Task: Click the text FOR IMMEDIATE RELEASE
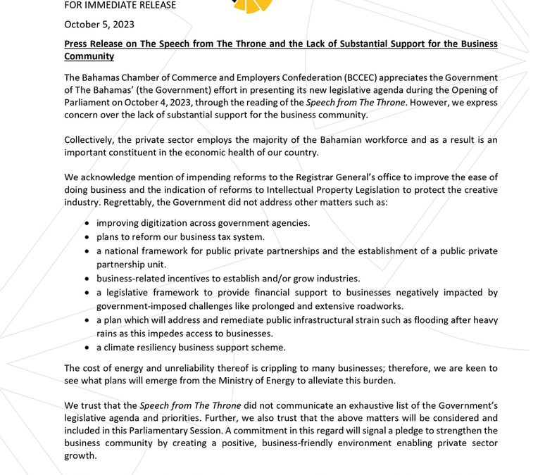pos(120,6)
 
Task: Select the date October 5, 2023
pos(99,24)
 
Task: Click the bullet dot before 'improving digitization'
pos(87,224)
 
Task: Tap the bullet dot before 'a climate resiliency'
pos(87,348)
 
